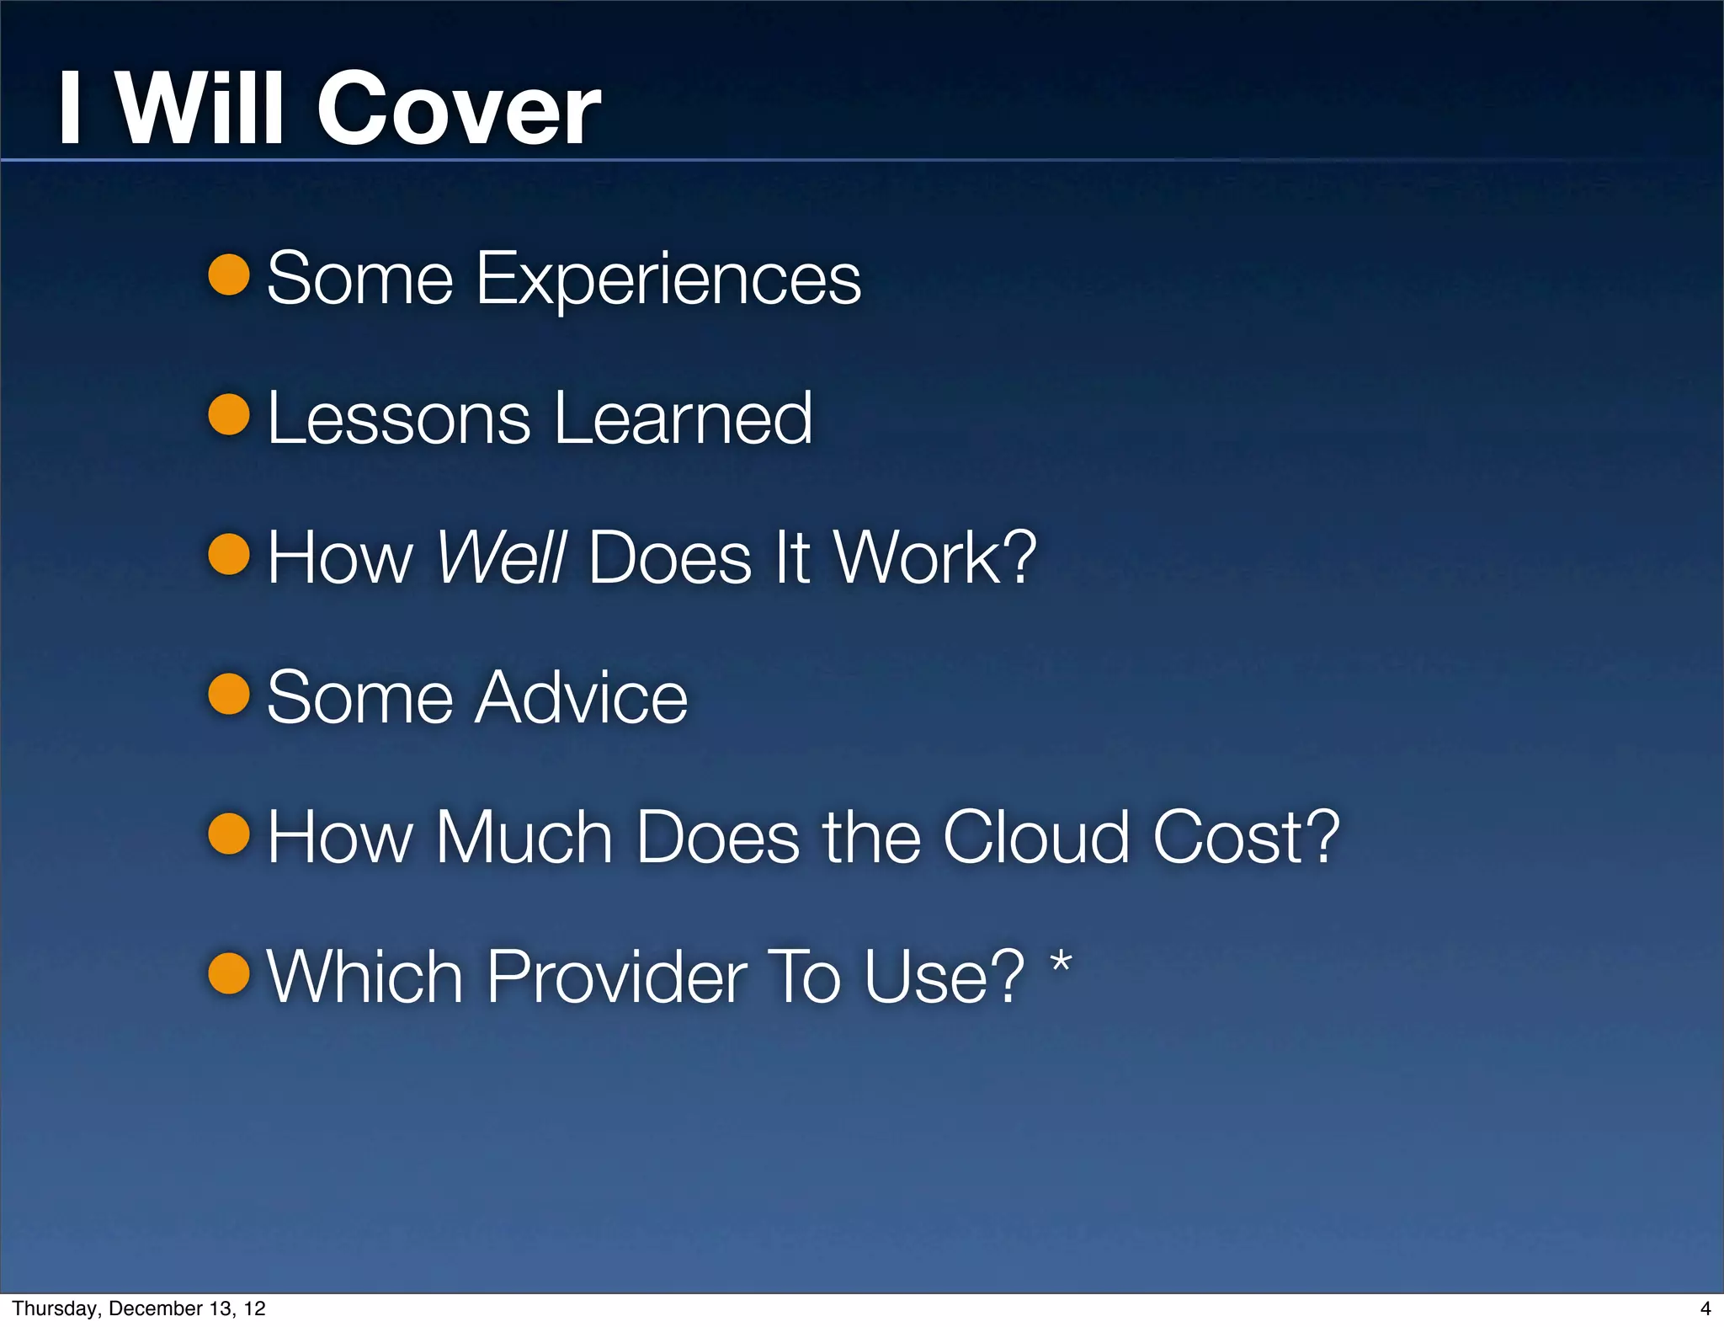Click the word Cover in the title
point(458,109)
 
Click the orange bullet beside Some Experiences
point(229,275)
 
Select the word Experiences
point(668,280)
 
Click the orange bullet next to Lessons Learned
point(229,415)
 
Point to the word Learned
point(683,418)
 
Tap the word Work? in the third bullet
point(934,557)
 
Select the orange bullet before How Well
point(229,554)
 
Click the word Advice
point(581,698)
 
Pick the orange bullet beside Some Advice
point(229,694)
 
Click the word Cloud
point(1036,837)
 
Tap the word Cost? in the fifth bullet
point(1247,837)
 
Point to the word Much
point(524,837)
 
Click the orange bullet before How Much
point(229,834)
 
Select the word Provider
point(617,977)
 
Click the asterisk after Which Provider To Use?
point(1062,962)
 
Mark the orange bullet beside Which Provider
point(229,973)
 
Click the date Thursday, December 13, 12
point(139,1308)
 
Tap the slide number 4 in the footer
point(1705,1308)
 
